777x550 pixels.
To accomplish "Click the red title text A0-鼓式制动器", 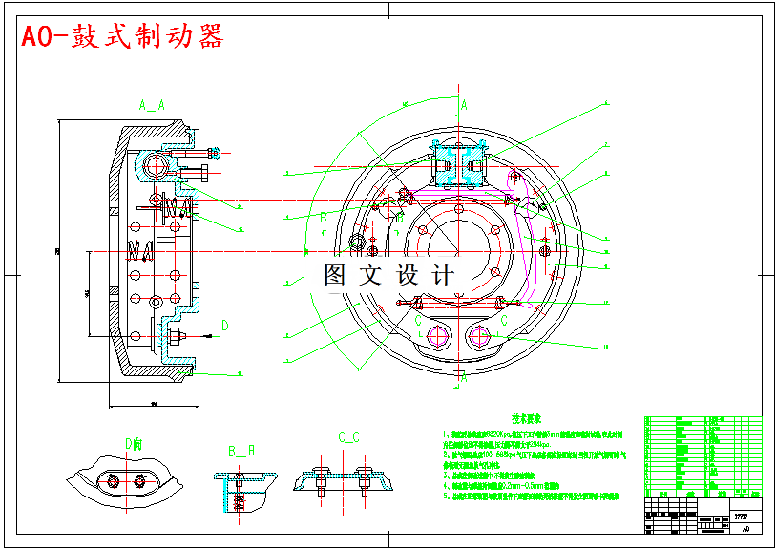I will tap(122, 37).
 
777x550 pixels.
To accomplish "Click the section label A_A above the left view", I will tap(151, 105).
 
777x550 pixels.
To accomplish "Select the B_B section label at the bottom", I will tap(241, 450).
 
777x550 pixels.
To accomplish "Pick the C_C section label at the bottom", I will tap(348, 437).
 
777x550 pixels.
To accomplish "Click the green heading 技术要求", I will tap(527, 418).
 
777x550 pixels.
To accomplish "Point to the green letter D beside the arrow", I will tap(225, 326).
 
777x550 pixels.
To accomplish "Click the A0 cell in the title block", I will tap(745, 527).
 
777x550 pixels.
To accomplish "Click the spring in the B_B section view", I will tap(239, 497).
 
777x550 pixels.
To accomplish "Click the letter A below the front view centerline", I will tap(464, 378).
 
